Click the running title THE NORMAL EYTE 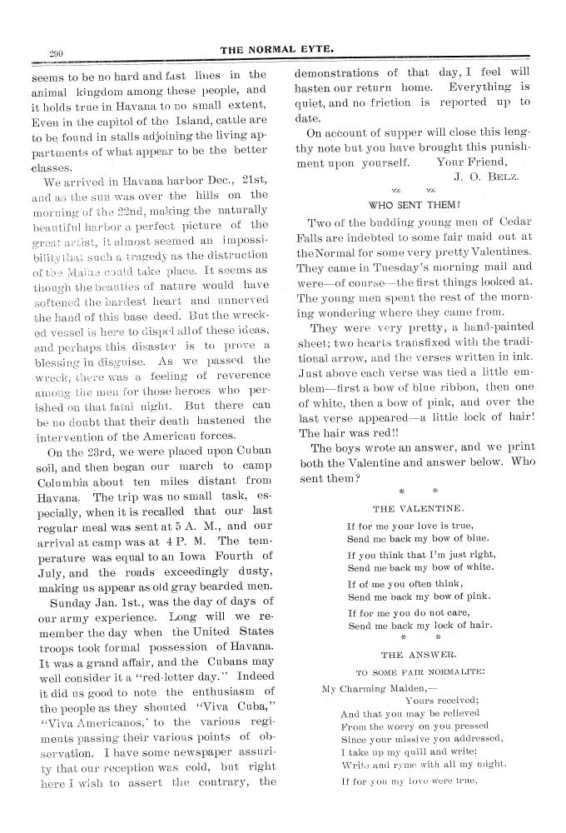(277, 50)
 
